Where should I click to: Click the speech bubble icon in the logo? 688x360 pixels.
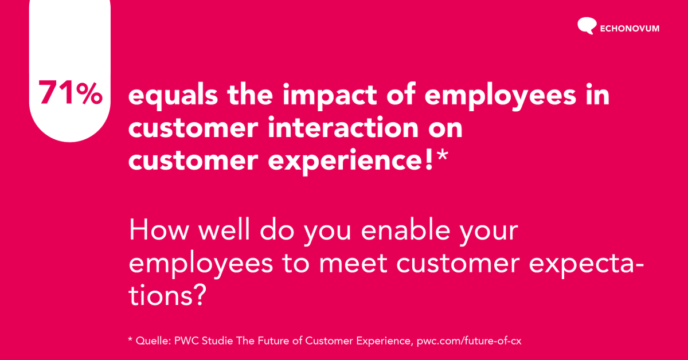586,26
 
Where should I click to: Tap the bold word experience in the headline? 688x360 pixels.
344,162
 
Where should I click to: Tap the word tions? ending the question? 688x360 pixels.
167,296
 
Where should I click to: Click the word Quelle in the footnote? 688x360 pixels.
150,341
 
